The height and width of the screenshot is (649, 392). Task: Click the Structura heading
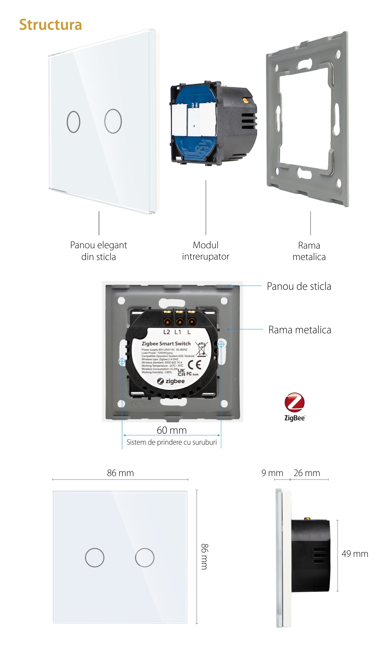click(51, 25)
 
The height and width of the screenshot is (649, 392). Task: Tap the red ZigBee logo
click(294, 403)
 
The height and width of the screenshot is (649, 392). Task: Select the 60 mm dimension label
click(172, 430)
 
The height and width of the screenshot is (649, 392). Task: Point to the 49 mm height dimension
click(355, 554)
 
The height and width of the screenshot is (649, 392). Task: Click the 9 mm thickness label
click(272, 473)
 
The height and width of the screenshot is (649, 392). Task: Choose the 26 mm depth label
click(307, 473)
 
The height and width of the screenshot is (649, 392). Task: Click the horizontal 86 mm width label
click(120, 473)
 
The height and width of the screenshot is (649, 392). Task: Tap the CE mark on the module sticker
click(195, 365)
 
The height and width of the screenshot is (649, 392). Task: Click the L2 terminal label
click(167, 332)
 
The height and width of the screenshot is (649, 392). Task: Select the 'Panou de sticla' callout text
click(299, 286)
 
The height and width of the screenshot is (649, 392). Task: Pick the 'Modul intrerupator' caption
click(205, 251)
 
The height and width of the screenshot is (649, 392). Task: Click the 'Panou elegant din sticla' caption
click(98, 251)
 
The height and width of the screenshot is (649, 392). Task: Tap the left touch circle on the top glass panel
click(74, 122)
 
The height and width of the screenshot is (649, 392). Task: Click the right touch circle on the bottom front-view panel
click(145, 558)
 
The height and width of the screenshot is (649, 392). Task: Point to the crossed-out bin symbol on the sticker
click(201, 349)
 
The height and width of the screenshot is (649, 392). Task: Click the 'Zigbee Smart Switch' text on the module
click(166, 344)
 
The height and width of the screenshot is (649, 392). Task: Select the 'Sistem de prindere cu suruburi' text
click(171, 442)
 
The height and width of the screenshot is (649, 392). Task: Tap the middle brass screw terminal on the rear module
click(180, 322)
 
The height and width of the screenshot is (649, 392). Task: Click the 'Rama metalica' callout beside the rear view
click(299, 330)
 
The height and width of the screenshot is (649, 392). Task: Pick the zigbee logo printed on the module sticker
click(171, 381)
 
